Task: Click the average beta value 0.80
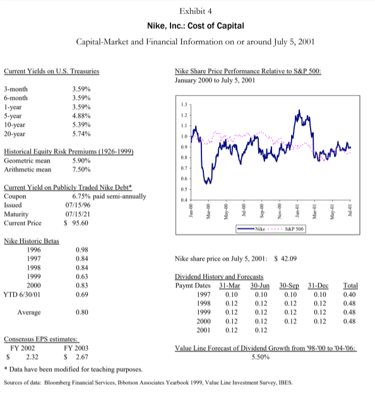(x=81, y=312)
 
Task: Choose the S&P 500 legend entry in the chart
(x=295, y=239)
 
